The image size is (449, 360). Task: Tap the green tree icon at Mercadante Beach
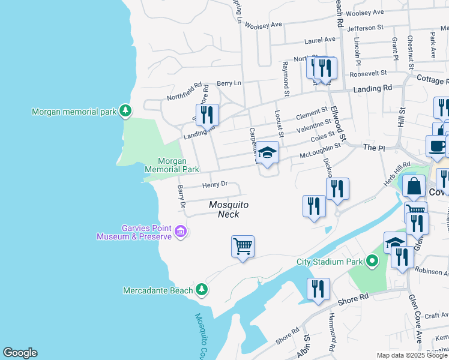[x=202, y=290]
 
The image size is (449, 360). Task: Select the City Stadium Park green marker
[x=372, y=261]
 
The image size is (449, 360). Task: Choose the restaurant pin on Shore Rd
[x=318, y=289]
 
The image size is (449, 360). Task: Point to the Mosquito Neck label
[x=228, y=209]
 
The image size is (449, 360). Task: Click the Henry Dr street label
[x=215, y=185]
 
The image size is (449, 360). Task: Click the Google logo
[x=20, y=353]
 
